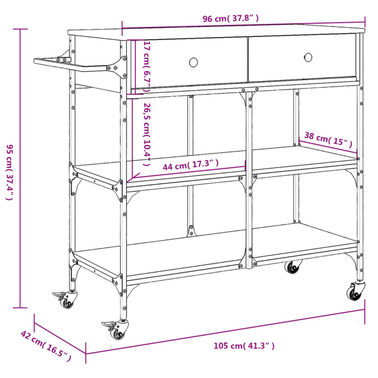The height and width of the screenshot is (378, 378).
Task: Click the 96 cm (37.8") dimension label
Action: (x=231, y=19)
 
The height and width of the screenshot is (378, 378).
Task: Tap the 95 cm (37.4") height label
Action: (x=10, y=172)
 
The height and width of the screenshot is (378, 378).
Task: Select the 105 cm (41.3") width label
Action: (x=244, y=346)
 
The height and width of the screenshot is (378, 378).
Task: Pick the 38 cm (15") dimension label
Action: (x=328, y=140)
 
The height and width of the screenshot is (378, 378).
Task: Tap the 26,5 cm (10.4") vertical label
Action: (x=147, y=134)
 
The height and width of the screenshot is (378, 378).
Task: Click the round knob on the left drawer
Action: (x=193, y=62)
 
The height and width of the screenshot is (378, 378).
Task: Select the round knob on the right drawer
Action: (x=308, y=57)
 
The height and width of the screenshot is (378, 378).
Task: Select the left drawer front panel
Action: (x=189, y=63)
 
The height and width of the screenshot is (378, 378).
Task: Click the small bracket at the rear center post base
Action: (x=191, y=231)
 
